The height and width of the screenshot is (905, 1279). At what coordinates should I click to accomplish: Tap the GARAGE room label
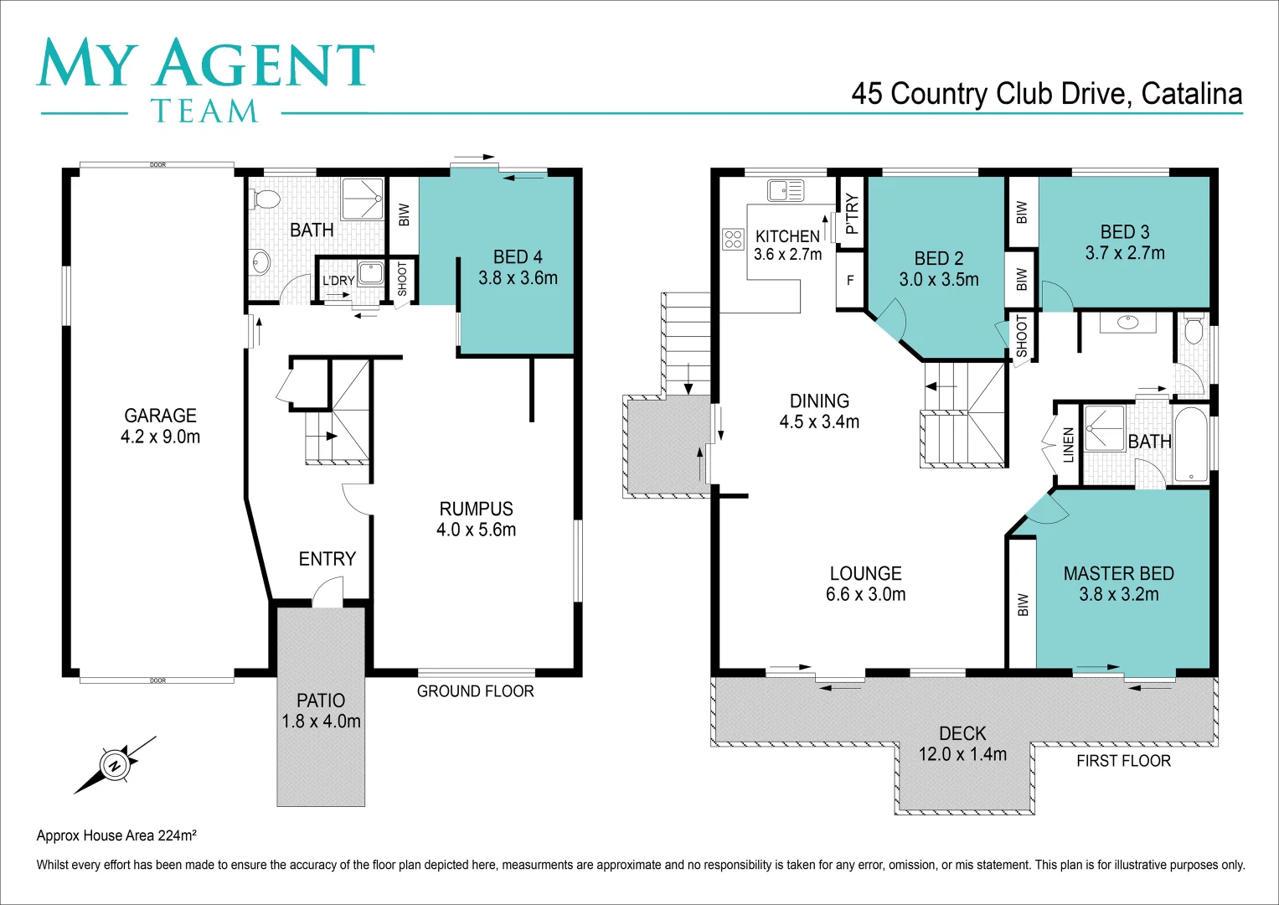tap(160, 416)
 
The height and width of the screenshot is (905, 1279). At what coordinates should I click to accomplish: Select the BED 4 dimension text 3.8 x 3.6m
tap(518, 278)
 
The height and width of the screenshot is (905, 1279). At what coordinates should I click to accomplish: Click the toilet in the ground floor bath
tap(266, 199)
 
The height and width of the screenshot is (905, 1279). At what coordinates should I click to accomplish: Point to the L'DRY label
tap(338, 281)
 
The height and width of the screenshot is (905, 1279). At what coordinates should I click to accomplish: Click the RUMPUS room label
tap(476, 509)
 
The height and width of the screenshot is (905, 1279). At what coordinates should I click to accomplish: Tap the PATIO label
tap(321, 701)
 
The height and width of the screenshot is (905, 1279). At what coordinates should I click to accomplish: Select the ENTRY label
tap(327, 559)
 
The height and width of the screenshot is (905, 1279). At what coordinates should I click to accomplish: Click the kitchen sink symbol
tap(785, 190)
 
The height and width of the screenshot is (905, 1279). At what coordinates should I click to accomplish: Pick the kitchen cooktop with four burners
tap(733, 239)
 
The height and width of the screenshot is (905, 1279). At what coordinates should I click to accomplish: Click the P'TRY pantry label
tap(852, 214)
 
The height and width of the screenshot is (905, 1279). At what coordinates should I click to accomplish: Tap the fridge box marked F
tap(850, 281)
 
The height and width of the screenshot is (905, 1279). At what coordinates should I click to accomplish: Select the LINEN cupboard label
tap(1068, 445)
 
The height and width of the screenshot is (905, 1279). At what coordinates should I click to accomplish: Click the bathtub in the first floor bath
tap(1190, 444)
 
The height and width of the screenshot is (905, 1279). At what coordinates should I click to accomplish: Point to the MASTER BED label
tap(1118, 574)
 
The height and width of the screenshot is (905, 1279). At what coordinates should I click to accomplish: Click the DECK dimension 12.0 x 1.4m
tap(962, 754)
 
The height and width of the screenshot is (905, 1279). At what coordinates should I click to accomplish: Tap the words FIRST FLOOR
tap(1123, 761)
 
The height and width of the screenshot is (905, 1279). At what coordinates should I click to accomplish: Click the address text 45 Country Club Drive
tap(988, 94)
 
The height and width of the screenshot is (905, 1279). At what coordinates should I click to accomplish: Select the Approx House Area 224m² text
tap(116, 835)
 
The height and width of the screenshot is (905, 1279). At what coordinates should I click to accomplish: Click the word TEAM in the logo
tap(204, 111)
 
